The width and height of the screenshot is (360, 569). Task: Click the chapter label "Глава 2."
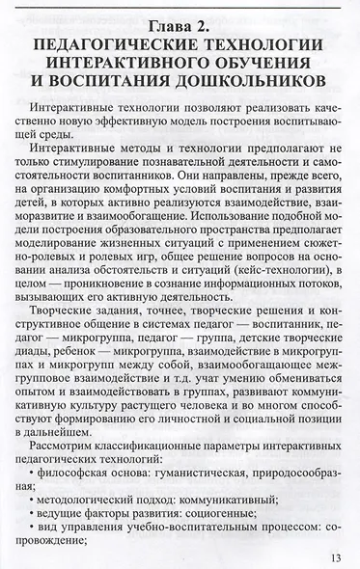pos(180,21)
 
